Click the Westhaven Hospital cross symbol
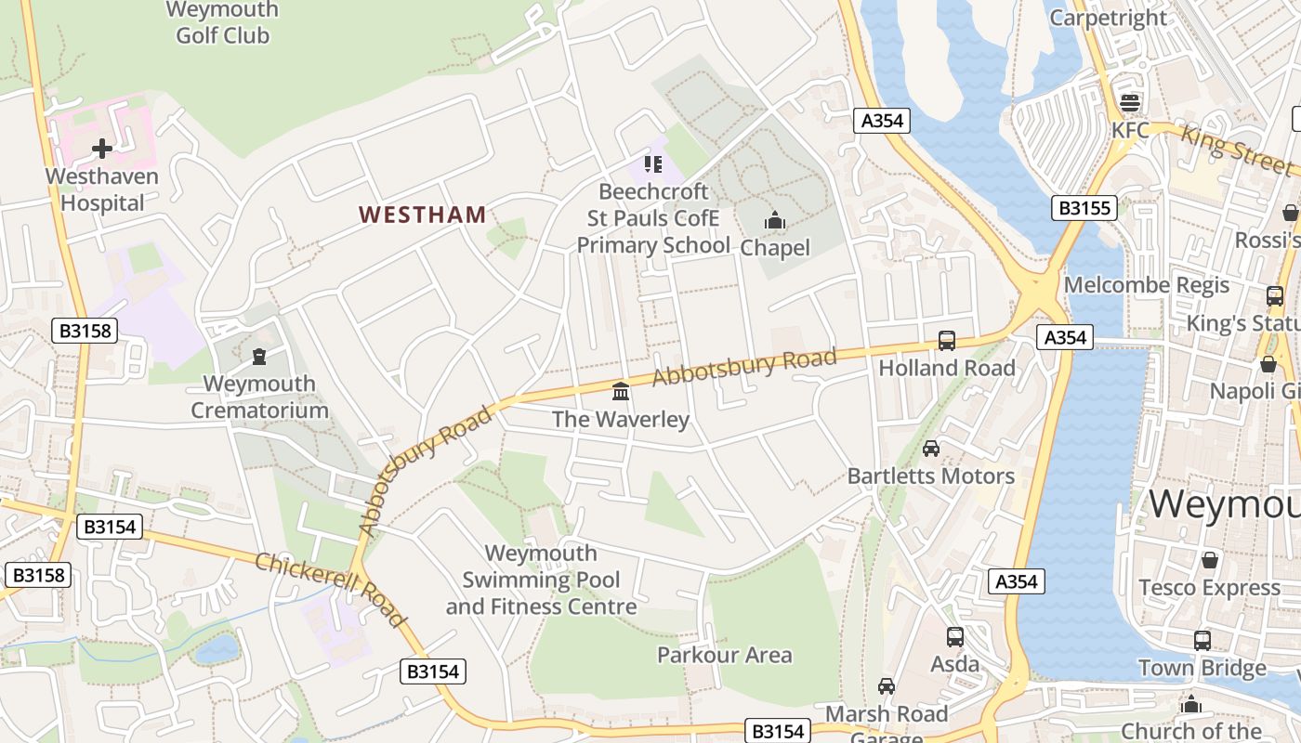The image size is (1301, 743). click(102, 148)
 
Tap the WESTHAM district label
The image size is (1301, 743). click(423, 215)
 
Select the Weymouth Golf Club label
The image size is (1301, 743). click(223, 23)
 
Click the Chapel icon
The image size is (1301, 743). click(774, 221)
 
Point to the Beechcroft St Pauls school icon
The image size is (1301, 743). click(652, 164)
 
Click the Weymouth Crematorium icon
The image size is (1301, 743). click(259, 356)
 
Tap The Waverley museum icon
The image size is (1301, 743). click(621, 392)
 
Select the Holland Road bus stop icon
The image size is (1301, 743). click(946, 341)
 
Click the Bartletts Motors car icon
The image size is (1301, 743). click(930, 449)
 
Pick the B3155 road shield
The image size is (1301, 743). click(1084, 207)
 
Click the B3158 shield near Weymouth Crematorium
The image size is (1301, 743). click(85, 330)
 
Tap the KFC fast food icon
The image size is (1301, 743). click(1130, 103)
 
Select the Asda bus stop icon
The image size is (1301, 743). click(954, 637)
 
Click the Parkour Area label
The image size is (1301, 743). click(724, 655)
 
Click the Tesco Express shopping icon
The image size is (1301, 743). click(1209, 560)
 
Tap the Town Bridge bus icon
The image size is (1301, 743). click(1202, 641)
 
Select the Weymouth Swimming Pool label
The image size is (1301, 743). click(541, 580)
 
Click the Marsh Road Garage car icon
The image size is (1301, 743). click(887, 686)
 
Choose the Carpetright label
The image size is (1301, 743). click(1108, 18)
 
